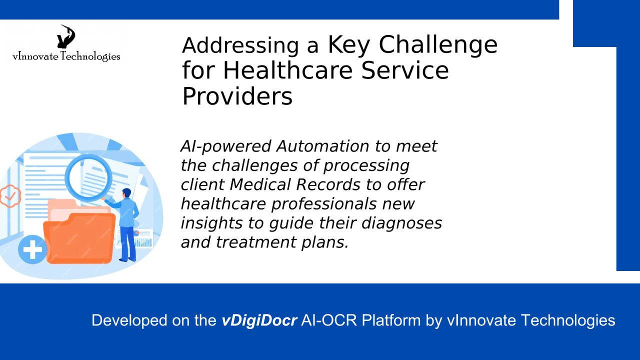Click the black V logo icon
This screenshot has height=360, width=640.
point(66,37)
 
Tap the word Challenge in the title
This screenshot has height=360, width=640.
point(438,45)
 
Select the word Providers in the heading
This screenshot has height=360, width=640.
point(237,96)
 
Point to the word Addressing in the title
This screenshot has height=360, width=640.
point(240,45)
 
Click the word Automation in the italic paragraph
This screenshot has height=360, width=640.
point(323,146)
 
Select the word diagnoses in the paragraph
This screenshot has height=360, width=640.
point(401,223)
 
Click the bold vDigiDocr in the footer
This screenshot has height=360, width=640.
point(259,320)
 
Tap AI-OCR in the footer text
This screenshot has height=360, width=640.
point(329,320)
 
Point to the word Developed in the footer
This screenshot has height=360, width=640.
point(129,320)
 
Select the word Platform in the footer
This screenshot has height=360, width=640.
point(391,320)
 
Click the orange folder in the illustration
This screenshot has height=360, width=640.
point(79,237)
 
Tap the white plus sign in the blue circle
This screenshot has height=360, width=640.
point(32,249)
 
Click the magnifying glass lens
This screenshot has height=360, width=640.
point(87,177)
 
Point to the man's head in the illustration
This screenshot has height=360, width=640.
point(126,192)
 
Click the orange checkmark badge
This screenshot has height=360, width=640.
point(9,196)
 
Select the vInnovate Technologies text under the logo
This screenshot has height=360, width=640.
point(66,56)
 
